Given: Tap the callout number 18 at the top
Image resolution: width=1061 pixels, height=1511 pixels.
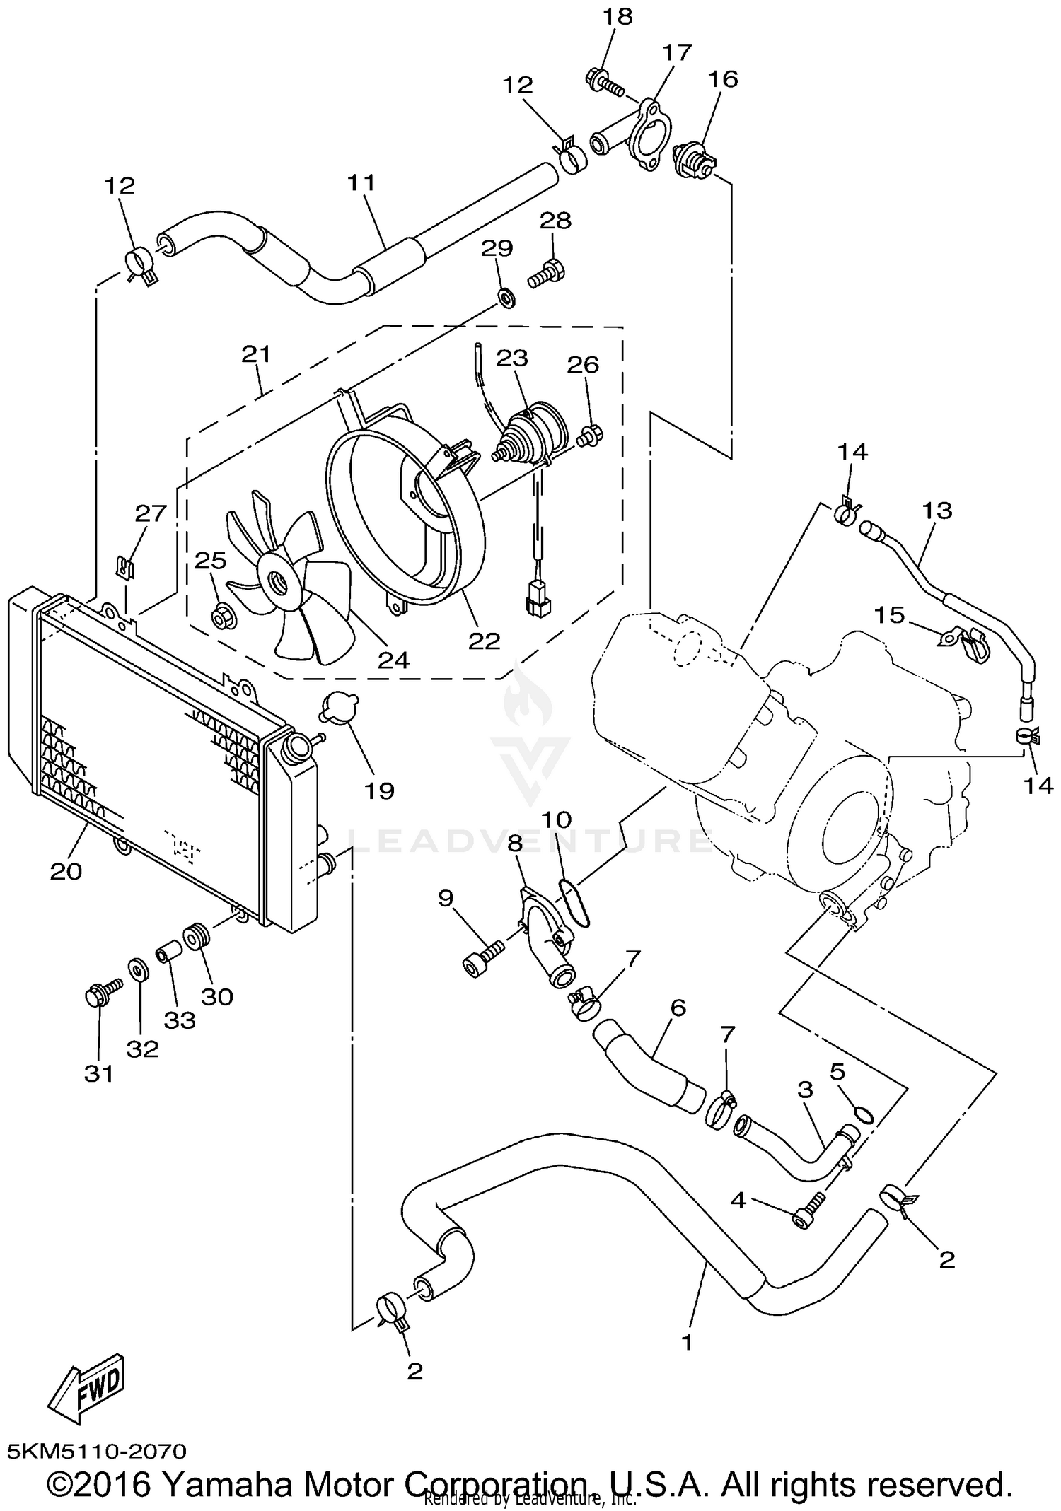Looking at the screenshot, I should click(x=618, y=16).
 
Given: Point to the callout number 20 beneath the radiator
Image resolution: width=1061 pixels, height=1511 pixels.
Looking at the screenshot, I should click(x=66, y=872).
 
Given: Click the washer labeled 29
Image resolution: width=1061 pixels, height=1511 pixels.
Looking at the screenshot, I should click(x=506, y=298).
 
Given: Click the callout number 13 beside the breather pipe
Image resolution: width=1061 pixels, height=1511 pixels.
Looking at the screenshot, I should click(x=937, y=510).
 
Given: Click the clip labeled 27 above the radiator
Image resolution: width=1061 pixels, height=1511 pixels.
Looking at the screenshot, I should click(x=124, y=566).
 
